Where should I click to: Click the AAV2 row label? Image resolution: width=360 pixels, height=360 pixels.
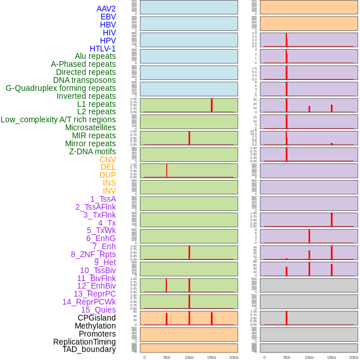[x=106, y=9]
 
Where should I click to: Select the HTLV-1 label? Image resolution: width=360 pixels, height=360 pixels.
[x=102, y=49]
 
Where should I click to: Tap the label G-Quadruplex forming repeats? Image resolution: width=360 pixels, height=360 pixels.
[x=61, y=88]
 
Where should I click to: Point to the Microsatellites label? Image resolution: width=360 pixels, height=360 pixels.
[x=90, y=127]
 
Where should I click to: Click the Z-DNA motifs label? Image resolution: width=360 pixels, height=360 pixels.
[x=92, y=151]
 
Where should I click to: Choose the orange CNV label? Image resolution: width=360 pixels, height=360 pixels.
[x=107, y=159]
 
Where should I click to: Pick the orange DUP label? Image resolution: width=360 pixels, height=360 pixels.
[x=107, y=175]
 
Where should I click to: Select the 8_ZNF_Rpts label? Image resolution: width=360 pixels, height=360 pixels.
[x=93, y=254]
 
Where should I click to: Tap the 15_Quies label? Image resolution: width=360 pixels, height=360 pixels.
[x=98, y=310]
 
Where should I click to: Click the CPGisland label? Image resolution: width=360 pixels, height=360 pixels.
[x=97, y=318]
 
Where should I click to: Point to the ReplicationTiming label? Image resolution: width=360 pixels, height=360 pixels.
[x=84, y=342]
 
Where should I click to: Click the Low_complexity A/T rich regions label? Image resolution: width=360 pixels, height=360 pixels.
[x=58, y=119]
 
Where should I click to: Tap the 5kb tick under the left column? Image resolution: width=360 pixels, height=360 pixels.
[x=167, y=357]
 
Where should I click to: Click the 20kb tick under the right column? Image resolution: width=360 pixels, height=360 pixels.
[x=354, y=357]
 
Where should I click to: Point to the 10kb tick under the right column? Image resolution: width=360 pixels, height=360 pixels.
[x=309, y=357]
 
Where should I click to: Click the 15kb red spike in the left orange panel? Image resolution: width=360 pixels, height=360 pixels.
[x=211, y=318]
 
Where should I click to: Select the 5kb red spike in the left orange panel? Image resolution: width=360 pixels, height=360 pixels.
[x=166, y=319]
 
